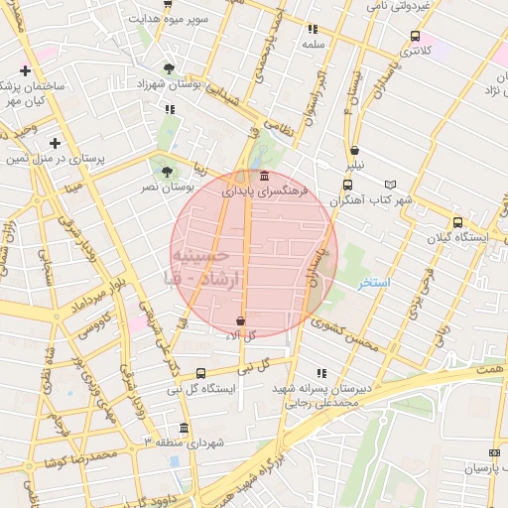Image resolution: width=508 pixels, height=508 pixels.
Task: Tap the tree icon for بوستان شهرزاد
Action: coord(170,68)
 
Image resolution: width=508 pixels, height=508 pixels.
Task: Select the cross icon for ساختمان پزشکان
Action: coord(25,70)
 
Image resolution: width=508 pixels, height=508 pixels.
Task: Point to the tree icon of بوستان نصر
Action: coord(167,171)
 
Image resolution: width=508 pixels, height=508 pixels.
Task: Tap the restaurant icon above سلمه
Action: coord(313,30)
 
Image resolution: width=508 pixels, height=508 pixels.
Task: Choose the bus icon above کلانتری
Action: coord(415,37)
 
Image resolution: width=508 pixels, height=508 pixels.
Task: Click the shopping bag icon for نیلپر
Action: coord(354,151)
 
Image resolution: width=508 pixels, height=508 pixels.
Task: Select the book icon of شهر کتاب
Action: coord(390,185)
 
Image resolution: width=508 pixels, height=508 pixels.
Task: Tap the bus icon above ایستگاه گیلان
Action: coord(457,223)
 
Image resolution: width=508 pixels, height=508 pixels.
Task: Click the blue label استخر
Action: coord(375,284)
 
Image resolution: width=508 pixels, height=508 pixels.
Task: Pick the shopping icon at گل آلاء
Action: coord(241,321)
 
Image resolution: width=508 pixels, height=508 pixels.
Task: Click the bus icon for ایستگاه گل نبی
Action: coord(200,373)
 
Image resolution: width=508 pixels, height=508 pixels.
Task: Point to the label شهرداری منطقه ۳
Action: coord(194,441)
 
